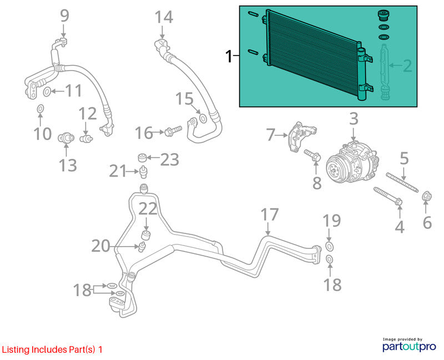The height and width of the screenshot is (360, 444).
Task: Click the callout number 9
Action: [64, 16]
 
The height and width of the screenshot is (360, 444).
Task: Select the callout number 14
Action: [164, 17]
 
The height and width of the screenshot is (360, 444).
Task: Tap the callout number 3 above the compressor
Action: [354, 119]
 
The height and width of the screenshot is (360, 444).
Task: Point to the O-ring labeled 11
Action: [47, 92]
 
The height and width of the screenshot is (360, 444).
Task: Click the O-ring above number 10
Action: [41, 108]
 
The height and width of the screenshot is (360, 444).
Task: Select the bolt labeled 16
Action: [173, 131]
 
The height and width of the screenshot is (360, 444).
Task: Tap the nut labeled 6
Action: [426, 197]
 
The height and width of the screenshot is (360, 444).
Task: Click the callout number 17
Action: [270, 214]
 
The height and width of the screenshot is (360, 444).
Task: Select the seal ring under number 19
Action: [329, 247]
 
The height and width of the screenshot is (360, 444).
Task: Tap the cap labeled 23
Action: [143, 157]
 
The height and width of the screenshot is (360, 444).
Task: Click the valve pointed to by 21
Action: [144, 172]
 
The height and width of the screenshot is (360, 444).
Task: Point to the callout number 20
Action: [101, 246]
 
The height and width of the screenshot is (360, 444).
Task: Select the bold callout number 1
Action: [229, 57]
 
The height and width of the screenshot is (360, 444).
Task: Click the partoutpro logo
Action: [409, 344]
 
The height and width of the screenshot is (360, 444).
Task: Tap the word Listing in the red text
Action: [16, 349]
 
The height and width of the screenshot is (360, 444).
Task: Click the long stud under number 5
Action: [402, 183]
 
